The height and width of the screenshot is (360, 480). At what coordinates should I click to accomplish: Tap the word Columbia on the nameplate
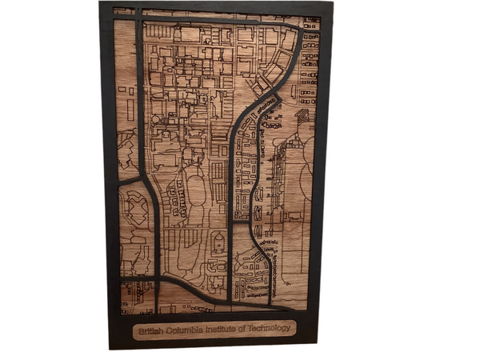pyautogui.click(x=186, y=330)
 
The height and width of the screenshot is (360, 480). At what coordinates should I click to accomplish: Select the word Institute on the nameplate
pyautogui.click(x=226, y=330)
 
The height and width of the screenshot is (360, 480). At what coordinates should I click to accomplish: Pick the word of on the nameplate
pyautogui.click(x=249, y=330)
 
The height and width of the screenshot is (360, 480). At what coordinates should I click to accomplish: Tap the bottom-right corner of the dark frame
pyautogui.click(x=318, y=346)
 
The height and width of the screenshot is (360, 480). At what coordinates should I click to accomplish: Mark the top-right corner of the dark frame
pyautogui.click(x=332, y=2)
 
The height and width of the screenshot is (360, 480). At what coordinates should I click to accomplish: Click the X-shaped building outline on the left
pyautogui.click(x=135, y=210)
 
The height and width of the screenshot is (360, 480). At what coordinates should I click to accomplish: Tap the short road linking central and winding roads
pyautogui.click(x=244, y=223)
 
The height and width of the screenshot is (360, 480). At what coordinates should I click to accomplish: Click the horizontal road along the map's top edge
pyautogui.click(x=216, y=18)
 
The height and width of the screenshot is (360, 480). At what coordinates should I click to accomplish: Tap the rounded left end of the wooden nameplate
pyautogui.click(x=134, y=330)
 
